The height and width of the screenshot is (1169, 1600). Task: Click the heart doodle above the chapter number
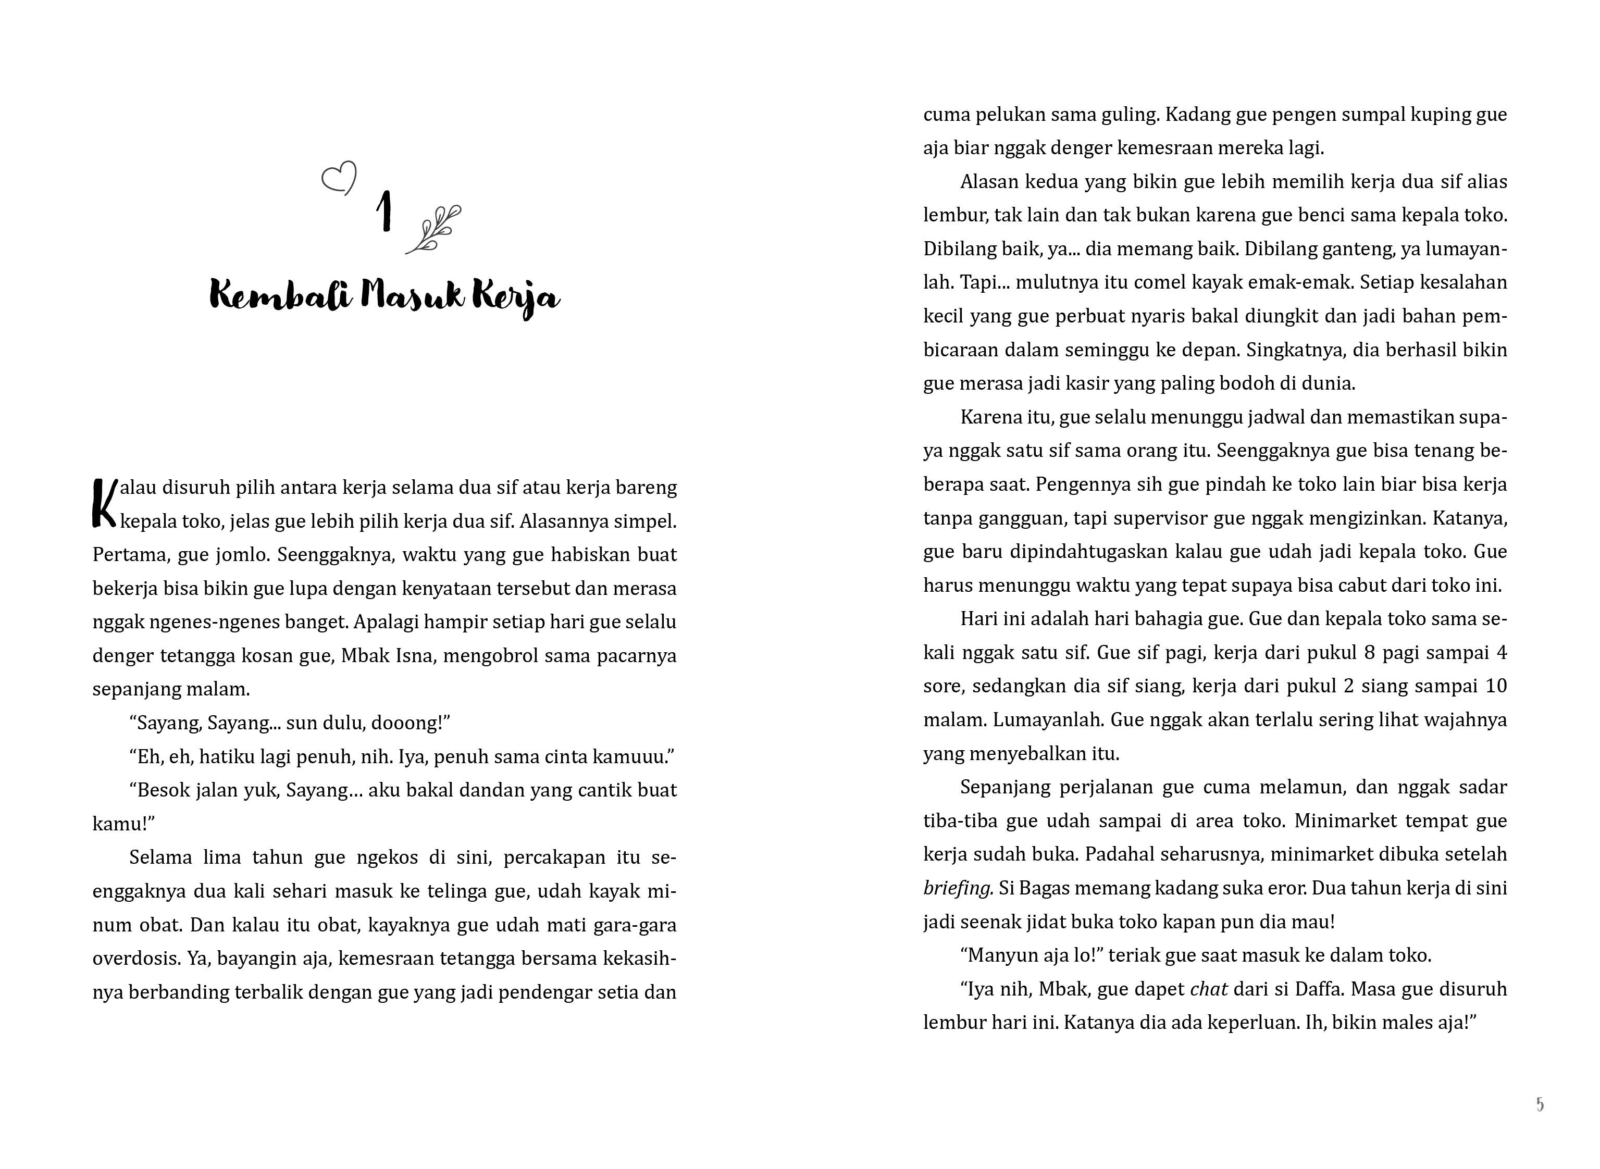[x=339, y=178]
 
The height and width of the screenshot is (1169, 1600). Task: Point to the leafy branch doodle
[x=433, y=229]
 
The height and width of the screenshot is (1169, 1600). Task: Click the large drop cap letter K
[x=104, y=503]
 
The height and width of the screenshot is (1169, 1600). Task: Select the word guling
[x=1128, y=115]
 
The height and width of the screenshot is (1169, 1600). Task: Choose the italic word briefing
[x=958, y=889]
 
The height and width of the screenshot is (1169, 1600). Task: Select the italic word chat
[x=1209, y=989]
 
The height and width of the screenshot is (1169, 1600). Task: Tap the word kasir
[x=1090, y=383]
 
